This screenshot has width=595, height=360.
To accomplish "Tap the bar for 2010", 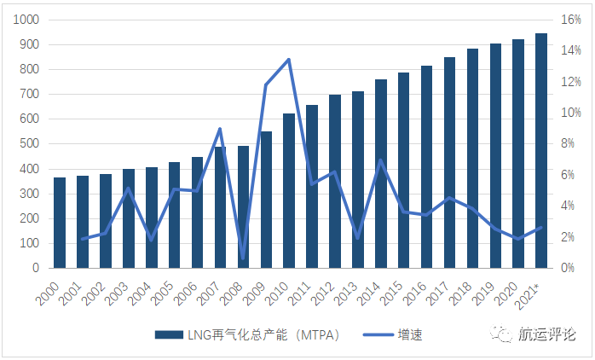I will [x=289, y=191].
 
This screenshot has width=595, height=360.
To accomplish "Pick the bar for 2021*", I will [x=540, y=151].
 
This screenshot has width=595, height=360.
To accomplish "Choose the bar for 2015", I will [x=403, y=171].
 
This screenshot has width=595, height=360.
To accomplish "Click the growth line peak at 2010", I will [x=289, y=59].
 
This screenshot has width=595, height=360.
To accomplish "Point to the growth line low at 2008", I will [x=243, y=258].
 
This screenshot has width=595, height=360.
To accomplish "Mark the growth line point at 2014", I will [x=380, y=160].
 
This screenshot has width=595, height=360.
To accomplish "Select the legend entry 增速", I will [x=409, y=335].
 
